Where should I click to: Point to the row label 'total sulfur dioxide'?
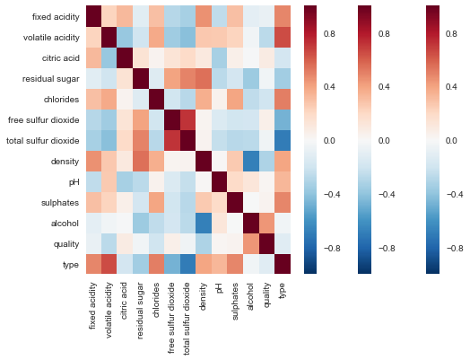[x=41, y=141]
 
